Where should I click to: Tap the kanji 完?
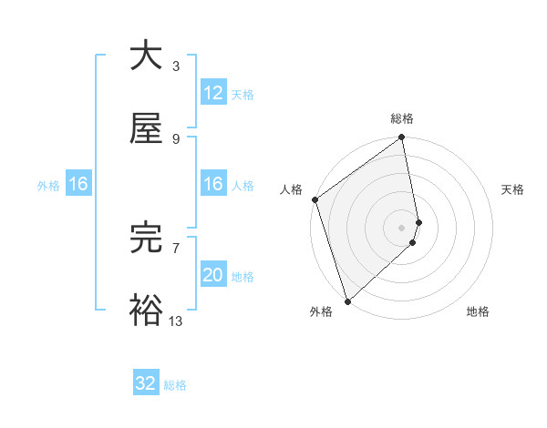tap(147, 238)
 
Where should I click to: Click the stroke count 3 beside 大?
tap(175, 66)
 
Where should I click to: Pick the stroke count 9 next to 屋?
tap(175, 139)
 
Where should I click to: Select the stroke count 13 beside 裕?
tap(175, 321)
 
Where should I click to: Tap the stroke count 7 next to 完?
tap(175, 247)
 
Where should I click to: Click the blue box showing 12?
tap(212, 92)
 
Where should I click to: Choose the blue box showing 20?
tap(212, 275)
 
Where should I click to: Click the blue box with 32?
tap(146, 383)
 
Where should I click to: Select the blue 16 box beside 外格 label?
tap(77, 184)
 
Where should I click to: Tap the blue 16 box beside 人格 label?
tap(212, 184)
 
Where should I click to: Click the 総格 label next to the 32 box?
tap(175, 385)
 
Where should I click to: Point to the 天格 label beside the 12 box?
tap(243, 94)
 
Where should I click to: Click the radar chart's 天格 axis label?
tap(512, 189)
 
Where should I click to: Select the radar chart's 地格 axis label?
tap(478, 311)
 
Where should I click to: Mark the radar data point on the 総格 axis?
tap(401, 138)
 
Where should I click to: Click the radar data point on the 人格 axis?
tap(315, 199)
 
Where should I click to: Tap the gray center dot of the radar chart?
tap(402, 227)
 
